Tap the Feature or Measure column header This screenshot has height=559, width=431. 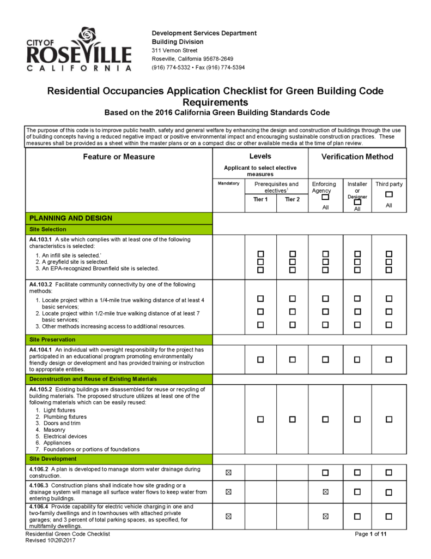tap(119, 157)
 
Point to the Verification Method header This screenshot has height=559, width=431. tap(357, 157)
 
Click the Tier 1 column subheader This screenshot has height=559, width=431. tap(260, 199)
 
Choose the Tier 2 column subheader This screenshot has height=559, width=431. tap(293, 199)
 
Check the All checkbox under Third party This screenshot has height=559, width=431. tap(388, 194)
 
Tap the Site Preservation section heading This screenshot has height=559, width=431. tap(53, 340)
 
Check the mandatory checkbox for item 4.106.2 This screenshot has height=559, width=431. tap(228, 472)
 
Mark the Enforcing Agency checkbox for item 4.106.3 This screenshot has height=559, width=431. tap(325, 492)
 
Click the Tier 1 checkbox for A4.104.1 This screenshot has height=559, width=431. tap(260, 360)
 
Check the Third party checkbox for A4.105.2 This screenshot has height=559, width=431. tap(388, 419)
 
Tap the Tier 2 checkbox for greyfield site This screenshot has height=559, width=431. tap(293, 262)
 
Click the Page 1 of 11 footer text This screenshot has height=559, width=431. tap(371, 534)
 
